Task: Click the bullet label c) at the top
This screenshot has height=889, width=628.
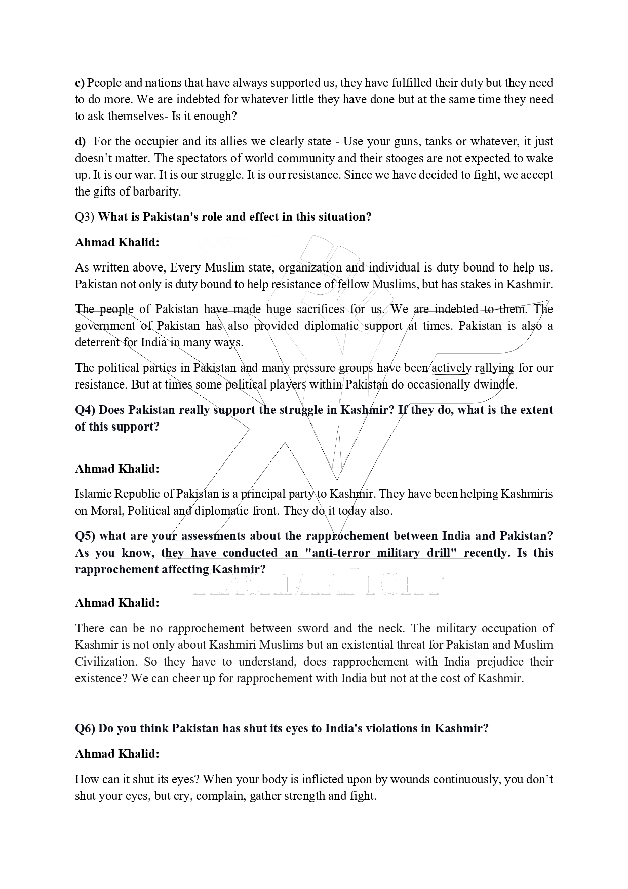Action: (80, 83)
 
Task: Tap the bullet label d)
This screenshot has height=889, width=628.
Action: (80, 141)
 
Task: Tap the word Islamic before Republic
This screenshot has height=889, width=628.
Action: (93, 494)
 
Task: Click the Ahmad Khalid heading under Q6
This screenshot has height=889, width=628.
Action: (117, 754)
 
